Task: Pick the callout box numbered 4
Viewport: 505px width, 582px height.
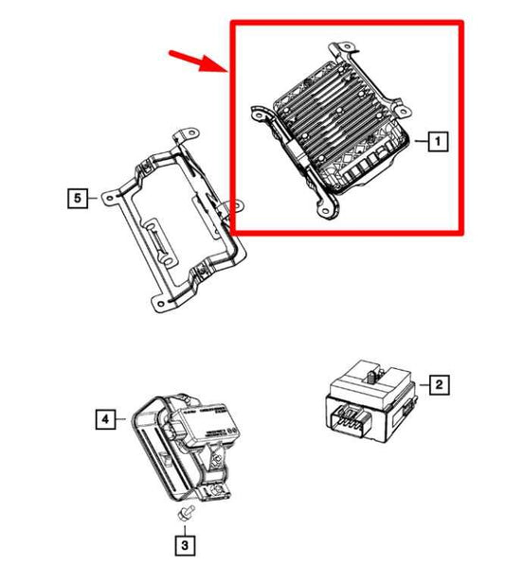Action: tap(104, 416)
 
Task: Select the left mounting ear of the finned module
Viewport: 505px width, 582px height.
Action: tap(257, 112)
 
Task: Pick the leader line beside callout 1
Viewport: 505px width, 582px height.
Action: tap(419, 143)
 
